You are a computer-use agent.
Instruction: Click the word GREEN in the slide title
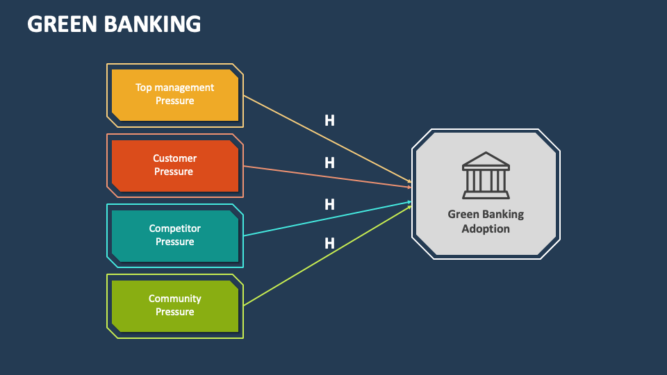point(62,24)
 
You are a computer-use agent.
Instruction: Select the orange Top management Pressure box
point(174,94)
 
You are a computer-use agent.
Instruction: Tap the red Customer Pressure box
point(174,165)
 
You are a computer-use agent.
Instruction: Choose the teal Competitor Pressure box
point(174,235)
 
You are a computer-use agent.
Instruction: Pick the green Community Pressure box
point(174,306)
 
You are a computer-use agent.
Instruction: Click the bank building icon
point(486,175)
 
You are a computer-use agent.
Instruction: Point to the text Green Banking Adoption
point(486,222)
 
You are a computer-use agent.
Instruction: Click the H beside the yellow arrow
point(329,121)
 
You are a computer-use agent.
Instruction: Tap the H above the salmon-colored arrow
point(329,163)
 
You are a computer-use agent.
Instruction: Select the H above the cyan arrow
point(329,205)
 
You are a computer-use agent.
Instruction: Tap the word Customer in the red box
point(174,158)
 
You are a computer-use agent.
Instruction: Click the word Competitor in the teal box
point(174,228)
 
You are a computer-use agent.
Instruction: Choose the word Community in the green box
point(174,299)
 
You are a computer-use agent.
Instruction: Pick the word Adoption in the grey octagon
point(486,229)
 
